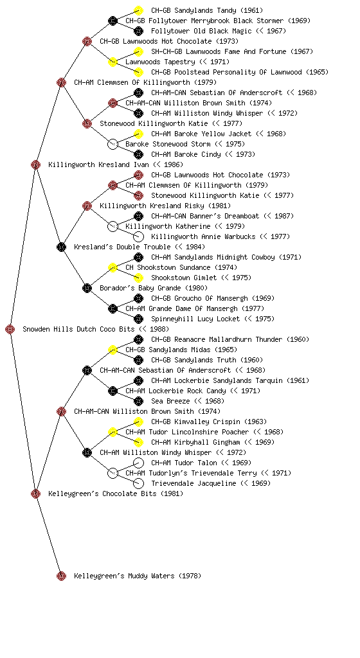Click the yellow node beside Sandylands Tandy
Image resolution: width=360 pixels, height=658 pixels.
pyautogui.click(x=138, y=10)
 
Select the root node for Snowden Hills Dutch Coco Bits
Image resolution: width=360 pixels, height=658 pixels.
pyautogui.click(x=10, y=330)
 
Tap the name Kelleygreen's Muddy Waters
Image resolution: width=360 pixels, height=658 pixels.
pyautogui.click(x=124, y=576)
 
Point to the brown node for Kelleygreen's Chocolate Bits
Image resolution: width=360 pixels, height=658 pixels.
pyautogui.click(x=35, y=494)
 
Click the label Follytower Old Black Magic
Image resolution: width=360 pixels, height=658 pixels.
pyautogui.click(x=201, y=31)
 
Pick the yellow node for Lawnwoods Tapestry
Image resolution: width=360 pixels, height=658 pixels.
pyautogui.click(x=113, y=62)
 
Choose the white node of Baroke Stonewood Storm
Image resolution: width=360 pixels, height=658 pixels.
pyautogui.click(x=113, y=145)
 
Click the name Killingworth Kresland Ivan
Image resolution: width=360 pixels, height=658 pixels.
pyautogui.click(x=98, y=164)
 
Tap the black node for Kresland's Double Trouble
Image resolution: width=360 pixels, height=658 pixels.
pyautogui.click(x=61, y=247)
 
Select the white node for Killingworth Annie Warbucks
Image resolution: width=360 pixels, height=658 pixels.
pyautogui.click(x=138, y=236)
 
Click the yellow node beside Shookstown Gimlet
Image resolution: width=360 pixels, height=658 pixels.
pyautogui.click(x=138, y=278)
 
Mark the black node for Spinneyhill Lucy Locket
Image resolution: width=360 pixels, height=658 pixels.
pyautogui.click(x=138, y=319)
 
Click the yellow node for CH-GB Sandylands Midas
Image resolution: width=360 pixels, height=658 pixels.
pyautogui.click(x=113, y=350)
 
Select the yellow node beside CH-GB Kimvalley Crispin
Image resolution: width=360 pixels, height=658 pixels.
pyautogui.click(x=138, y=422)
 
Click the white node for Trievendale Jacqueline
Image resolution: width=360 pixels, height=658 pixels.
pyautogui.click(x=138, y=483)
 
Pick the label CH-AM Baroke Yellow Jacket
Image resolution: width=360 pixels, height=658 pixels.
pyautogui.click(x=201, y=134)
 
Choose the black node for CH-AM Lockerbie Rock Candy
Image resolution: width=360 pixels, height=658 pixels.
pyautogui.click(x=113, y=391)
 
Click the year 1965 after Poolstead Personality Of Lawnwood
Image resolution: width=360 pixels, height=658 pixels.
pyautogui.click(x=317, y=72)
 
